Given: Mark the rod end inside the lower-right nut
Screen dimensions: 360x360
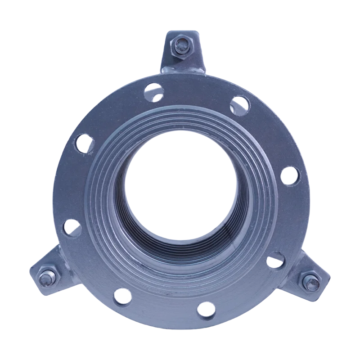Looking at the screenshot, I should point(310,283).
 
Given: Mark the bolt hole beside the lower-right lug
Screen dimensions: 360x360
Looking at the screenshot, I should point(275,261).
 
